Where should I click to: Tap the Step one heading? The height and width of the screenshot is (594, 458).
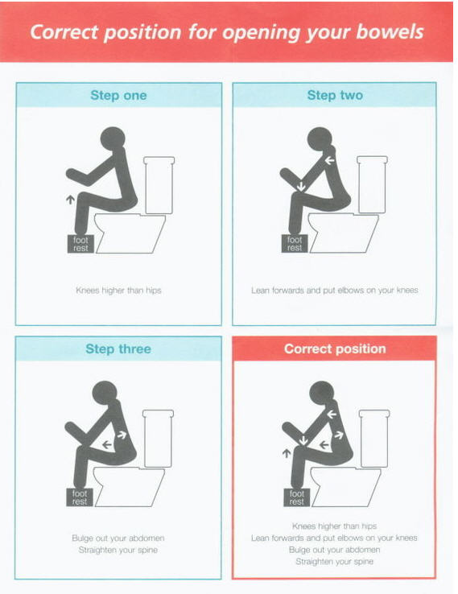click(118, 95)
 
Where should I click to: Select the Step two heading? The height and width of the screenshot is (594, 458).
click(335, 95)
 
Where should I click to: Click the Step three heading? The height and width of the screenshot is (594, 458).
click(118, 349)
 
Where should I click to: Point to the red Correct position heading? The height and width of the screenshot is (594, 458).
click(335, 349)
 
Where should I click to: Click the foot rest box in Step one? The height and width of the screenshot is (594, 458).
click(80, 244)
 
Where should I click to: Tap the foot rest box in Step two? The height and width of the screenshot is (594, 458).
click(295, 244)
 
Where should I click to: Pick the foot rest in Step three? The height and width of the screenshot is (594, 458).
click(80, 497)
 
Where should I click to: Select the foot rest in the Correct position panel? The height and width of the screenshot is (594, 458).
click(297, 497)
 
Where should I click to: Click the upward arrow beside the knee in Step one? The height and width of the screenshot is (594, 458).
click(70, 200)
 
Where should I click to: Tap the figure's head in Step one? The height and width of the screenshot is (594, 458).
click(113, 138)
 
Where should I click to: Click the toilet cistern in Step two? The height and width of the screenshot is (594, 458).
click(372, 184)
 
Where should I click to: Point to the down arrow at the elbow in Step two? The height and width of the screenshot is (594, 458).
click(301, 186)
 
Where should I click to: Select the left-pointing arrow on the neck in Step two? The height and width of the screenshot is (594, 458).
click(329, 160)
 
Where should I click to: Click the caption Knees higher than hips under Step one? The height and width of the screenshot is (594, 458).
click(118, 291)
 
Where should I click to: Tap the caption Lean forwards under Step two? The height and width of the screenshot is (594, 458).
click(335, 291)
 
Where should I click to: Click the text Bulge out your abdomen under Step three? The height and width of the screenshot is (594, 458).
click(118, 538)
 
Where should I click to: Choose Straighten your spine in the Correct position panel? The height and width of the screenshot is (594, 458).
click(335, 562)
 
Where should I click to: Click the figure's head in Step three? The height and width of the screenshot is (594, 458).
click(105, 393)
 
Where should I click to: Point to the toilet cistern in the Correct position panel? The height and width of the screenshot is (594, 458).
click(374, 439)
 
